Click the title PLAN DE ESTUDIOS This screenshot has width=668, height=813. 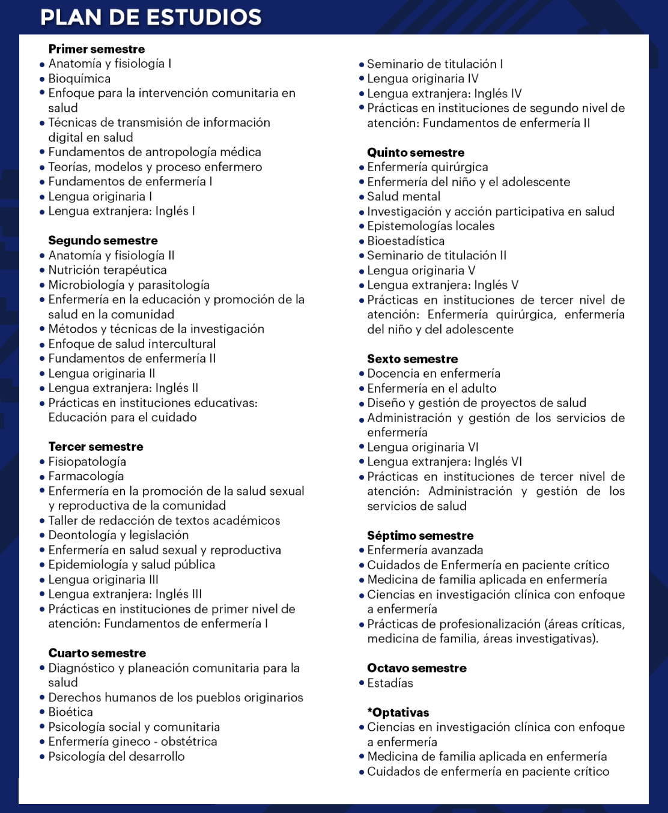coord(151,17)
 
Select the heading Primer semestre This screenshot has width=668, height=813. coord(97,49)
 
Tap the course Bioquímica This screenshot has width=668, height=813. coord(79,79)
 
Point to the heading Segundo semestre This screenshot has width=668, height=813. coord(103,241)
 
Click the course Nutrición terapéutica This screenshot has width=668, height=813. coord(108,270)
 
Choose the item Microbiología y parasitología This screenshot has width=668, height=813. coord(129,285)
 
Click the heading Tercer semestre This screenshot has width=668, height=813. coord(96,447)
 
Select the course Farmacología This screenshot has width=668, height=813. coord(86,476)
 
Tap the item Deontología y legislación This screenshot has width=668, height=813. coord(118,535)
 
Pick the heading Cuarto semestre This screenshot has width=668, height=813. coord(97,653)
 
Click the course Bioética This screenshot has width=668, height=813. coord(70,712)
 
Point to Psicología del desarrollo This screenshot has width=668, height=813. coord(117,757)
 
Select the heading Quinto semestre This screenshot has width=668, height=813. coord(416,153)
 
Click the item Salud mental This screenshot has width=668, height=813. coord(404,196)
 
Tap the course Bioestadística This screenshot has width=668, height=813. coord(406,241)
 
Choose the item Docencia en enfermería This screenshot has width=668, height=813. coord(434,373)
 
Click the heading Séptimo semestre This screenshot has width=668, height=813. coord(420,536)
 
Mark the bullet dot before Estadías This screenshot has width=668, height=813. coord(362,683)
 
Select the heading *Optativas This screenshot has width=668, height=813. coord(398,713)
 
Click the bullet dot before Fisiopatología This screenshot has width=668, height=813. coord(43,462)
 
